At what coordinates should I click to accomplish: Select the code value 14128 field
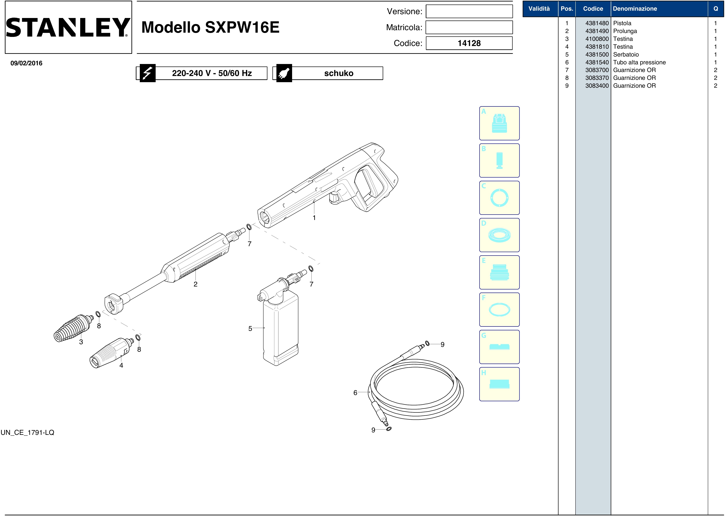coord(469,43)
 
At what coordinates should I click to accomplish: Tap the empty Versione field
coord(469,11)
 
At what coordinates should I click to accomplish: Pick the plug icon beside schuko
coord(284,73)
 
